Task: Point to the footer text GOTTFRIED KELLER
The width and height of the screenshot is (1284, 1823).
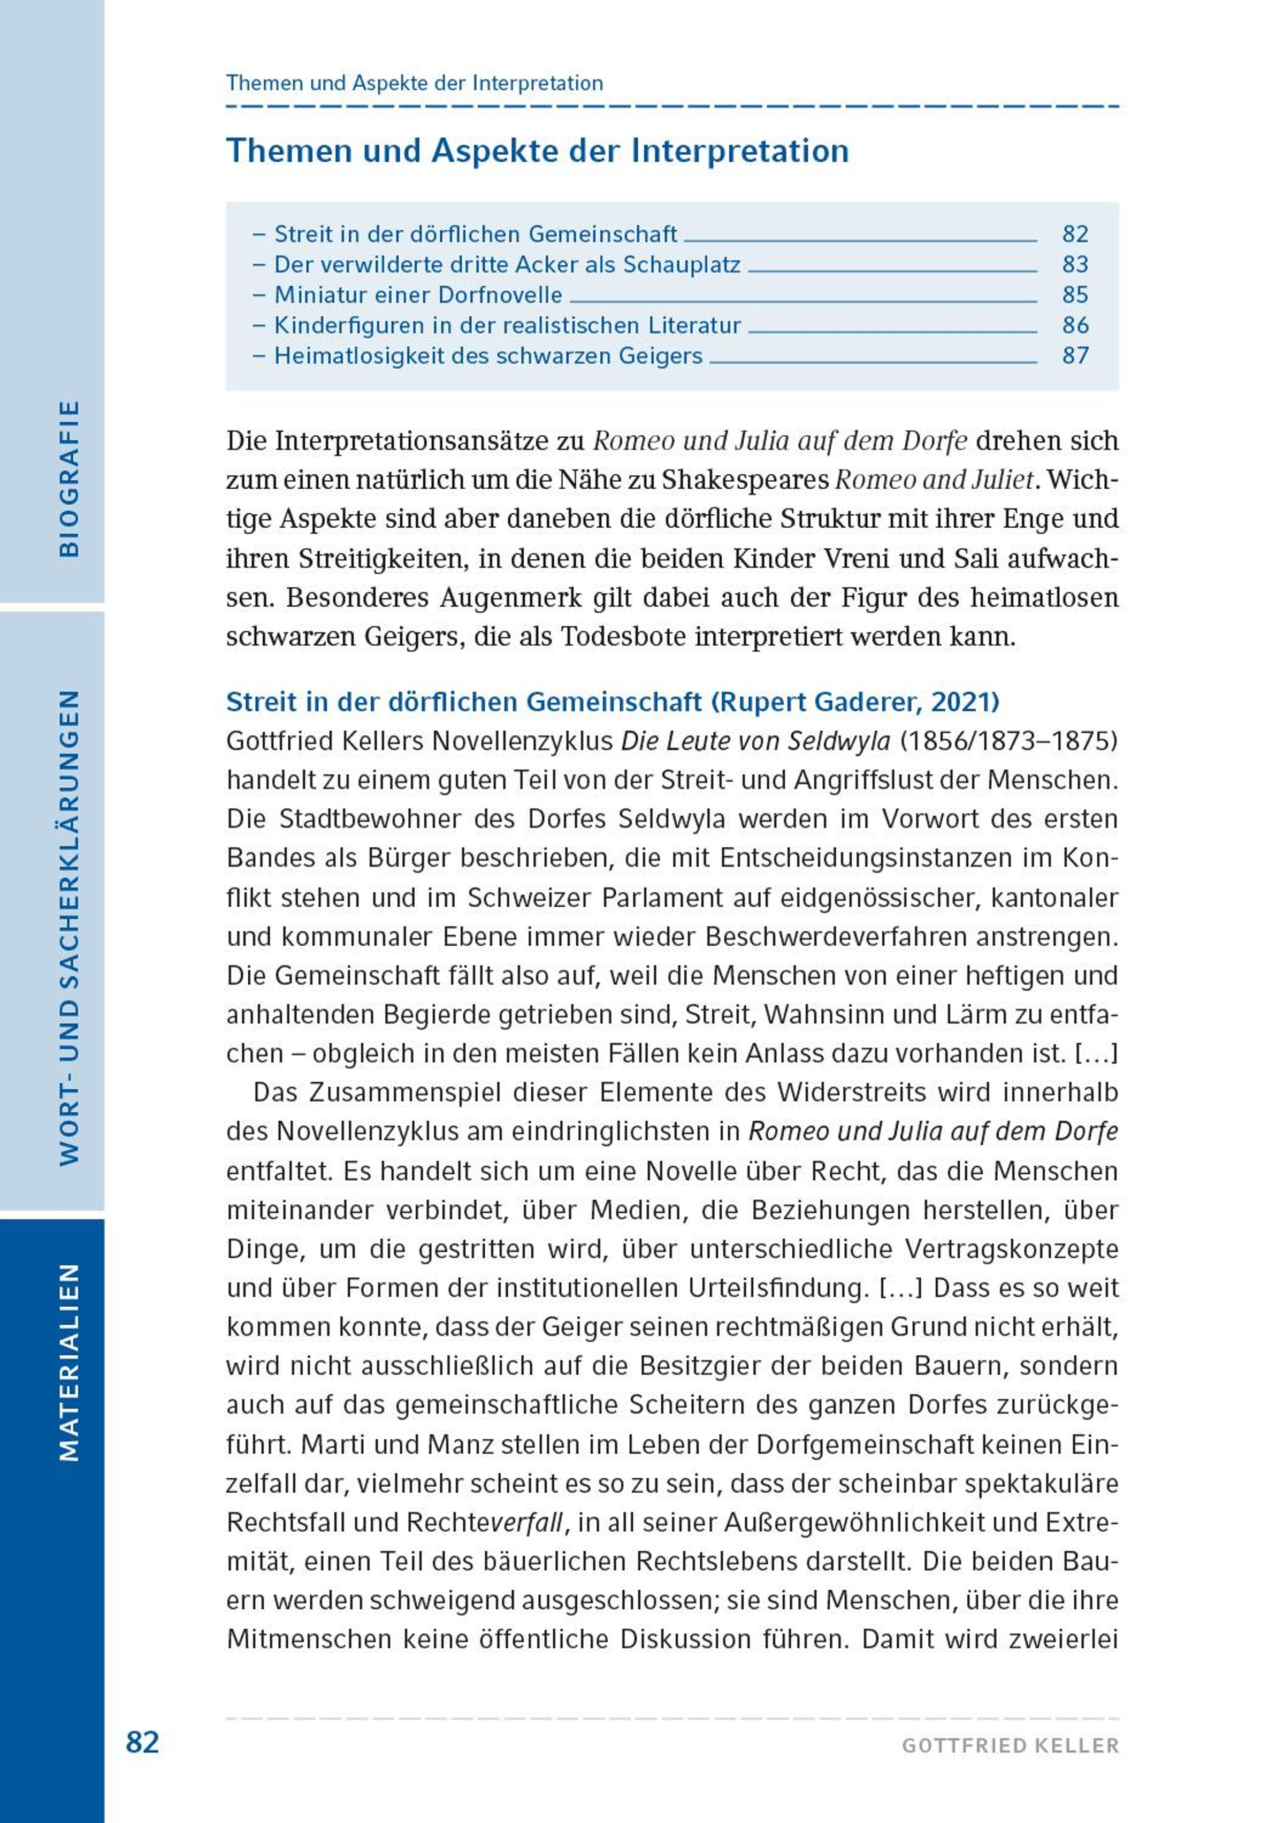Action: point(1010,1746)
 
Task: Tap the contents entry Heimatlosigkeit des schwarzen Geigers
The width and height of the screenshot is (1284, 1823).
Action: point(488,356)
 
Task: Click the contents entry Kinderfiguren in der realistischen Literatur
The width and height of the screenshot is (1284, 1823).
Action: point(507,325)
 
